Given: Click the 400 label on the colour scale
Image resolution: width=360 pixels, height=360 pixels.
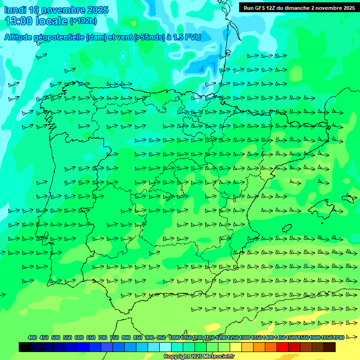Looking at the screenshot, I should [32, 337].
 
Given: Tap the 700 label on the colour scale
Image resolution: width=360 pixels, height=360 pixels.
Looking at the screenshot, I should [103, 337].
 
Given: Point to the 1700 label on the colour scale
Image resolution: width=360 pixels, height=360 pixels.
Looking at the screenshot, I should [338, 337].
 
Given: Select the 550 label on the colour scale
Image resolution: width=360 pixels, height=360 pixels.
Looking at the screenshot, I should [67, 337].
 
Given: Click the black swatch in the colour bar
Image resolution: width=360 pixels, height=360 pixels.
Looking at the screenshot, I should [25, 347].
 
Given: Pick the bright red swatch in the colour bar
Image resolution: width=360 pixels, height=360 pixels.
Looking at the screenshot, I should [283, 347].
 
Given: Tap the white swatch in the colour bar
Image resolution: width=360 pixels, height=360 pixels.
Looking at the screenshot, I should [165, 347].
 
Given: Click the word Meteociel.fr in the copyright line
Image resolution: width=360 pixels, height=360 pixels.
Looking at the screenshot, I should [219, 357].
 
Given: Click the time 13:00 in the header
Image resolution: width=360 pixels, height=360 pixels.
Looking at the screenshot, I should [18, 21].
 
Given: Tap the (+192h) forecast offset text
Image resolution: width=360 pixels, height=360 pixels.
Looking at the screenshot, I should [83, 21].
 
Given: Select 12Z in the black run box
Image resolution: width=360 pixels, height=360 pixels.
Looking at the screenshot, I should [274, 7].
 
